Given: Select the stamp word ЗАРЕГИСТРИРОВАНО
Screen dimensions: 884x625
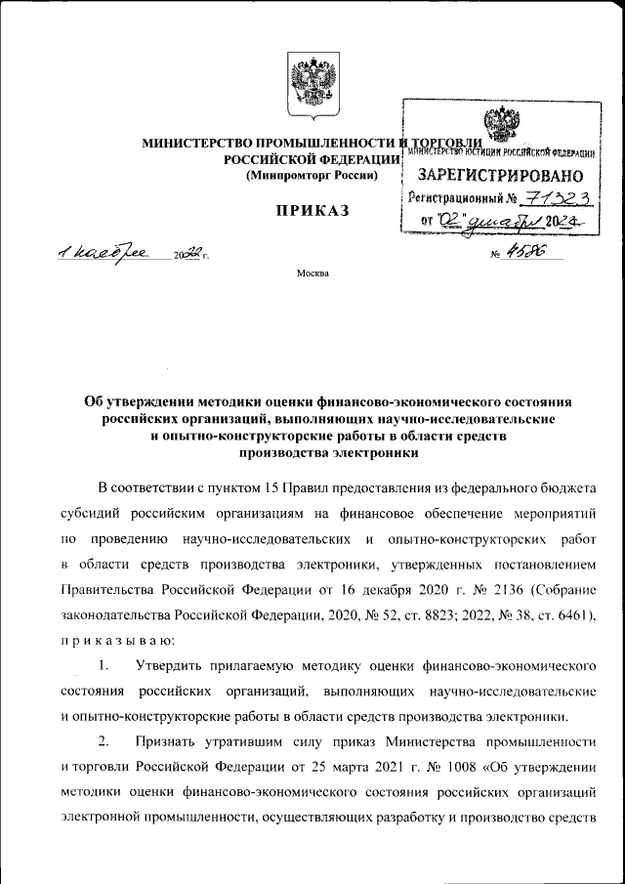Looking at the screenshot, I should [x=501, y=176].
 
